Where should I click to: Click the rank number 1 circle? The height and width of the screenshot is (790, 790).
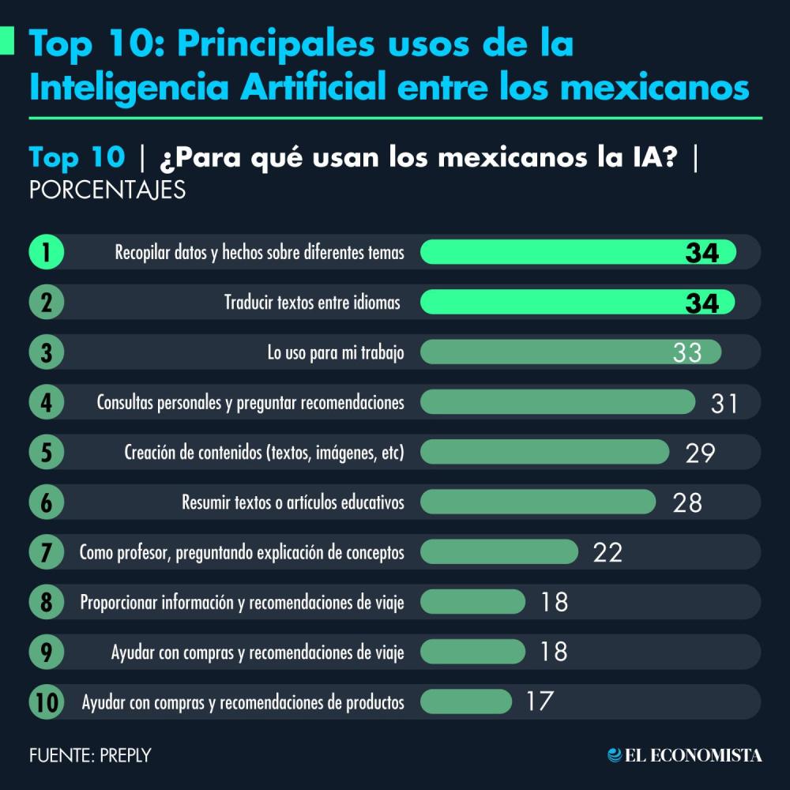pyautogui.click(x=46, y=253)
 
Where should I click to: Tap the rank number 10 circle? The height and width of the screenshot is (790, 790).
pyautogui.click(x=46, y=702)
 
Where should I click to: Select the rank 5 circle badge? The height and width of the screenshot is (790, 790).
pyautogui.click(x=46, y=453)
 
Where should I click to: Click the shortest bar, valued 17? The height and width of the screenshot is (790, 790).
pyautogui.click(x=466, y=702)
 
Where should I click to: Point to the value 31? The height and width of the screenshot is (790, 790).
pyautogui.click(x=724, y=403)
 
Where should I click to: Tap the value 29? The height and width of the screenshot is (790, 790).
pyautogui.click(x=700, y=453)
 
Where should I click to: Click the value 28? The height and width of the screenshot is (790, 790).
pyautogui.click(x=687, y=502)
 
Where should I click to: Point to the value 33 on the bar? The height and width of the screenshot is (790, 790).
pyautogui.click(x=687, y=352)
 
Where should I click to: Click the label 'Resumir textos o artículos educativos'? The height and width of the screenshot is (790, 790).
pyautogui.click(x=293, y=502)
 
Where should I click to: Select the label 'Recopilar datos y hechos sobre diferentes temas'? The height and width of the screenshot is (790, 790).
pyautogui.click(x=259, y=253)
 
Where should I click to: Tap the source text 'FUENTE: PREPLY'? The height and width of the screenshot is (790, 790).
pyautogui.click(x=89, y=755)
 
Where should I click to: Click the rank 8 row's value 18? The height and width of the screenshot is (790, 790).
pyautogui.click(x=555, y=602)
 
